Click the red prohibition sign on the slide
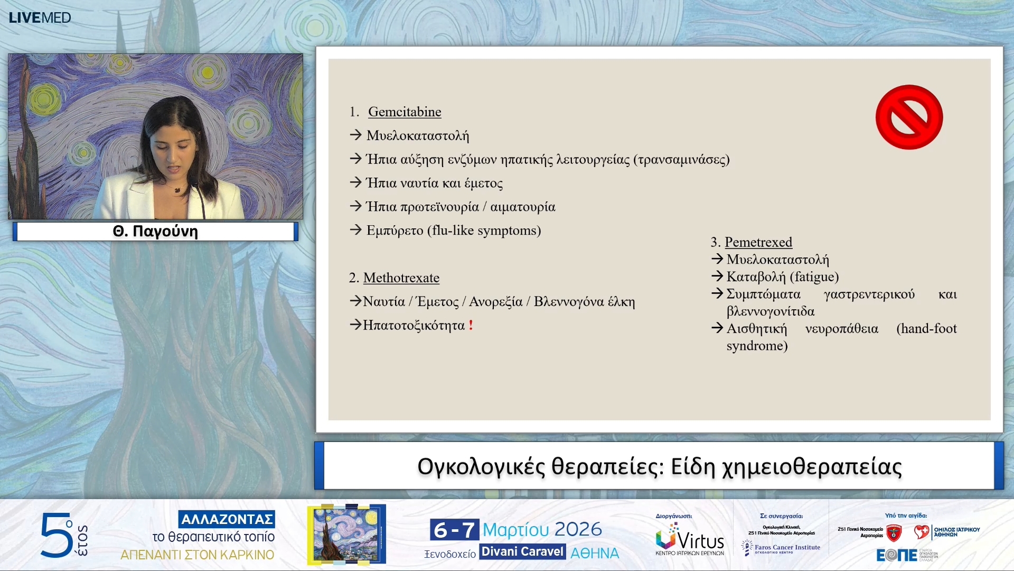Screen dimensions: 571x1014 (909, 117)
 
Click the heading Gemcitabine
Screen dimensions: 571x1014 (405, 112)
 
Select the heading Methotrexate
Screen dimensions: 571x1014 (401, 278)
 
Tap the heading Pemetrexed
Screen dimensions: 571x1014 (758, 242)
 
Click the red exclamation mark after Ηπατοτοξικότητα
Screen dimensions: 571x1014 (471, 325)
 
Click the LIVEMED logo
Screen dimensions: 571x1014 (40, 17)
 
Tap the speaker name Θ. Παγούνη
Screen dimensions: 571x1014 (155, 232)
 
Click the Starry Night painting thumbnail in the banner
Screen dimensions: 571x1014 (346, 534)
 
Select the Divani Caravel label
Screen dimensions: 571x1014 (522, 552)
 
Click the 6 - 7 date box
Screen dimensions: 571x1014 (454, 530)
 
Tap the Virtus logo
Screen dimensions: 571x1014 (690, 539)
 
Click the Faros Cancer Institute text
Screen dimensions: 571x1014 (787, 547)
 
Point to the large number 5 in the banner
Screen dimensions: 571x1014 (55, 535)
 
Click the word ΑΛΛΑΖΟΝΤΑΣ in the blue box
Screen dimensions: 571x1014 (227, 519)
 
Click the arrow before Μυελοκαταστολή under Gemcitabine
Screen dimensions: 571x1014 (355, 135)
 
